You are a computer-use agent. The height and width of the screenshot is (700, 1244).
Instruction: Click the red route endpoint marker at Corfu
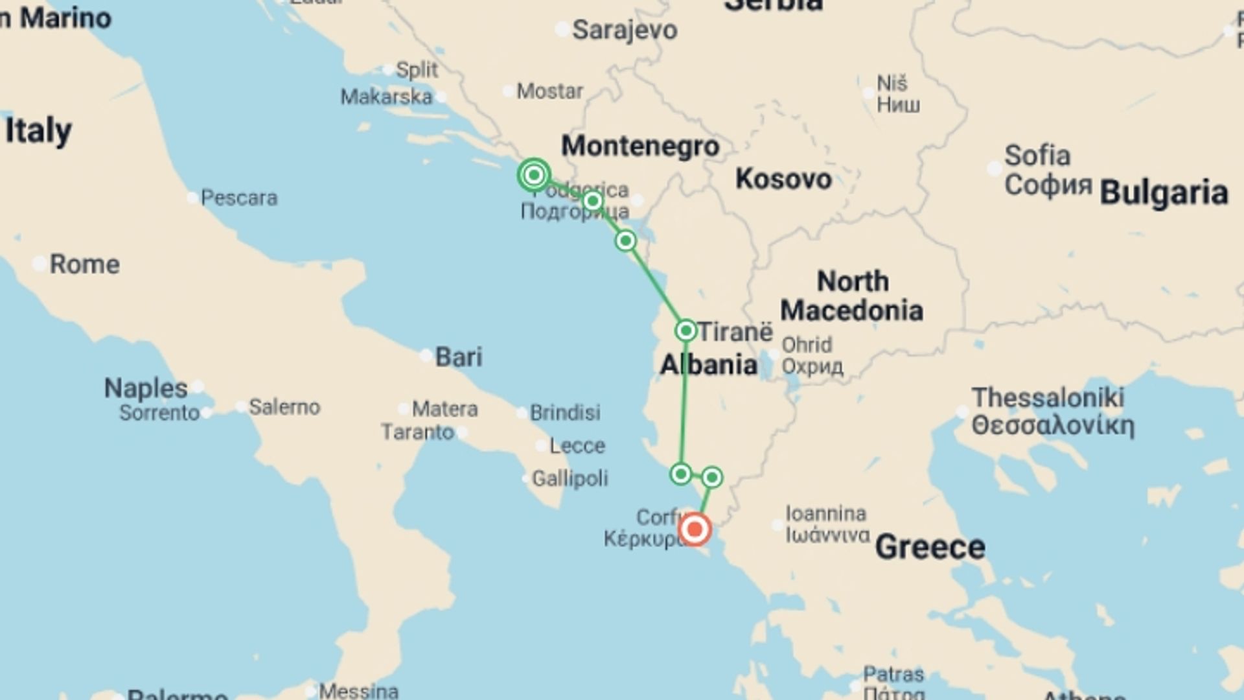click(695, 530)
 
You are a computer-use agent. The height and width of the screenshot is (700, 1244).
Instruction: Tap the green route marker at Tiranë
click(685, 331)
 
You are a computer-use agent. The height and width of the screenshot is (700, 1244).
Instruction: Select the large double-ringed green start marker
click(534, 174)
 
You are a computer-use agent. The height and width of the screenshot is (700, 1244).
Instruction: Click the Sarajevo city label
click(625, 30)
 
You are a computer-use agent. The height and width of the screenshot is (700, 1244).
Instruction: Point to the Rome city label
click(84, 264)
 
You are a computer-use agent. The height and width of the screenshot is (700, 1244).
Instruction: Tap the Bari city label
click(459, 356)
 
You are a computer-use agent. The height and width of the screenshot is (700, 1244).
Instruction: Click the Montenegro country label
click(640, 146)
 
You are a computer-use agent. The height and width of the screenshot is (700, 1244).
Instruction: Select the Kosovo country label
click(783, 179)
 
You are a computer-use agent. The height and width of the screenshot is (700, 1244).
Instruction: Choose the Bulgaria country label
click(1164, 192)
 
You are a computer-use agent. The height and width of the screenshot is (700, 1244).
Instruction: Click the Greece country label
click(930, 547)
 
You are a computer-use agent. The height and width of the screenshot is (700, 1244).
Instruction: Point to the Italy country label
click(38, 130)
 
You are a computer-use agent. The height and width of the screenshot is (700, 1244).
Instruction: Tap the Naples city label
click(146, 388)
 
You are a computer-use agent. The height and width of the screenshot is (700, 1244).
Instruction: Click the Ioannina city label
click(826, 514)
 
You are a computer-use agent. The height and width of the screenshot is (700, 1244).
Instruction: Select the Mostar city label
click(549, 91)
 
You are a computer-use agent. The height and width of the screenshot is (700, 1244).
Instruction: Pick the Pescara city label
click(238, 198)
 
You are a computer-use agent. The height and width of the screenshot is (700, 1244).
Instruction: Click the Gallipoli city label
click(570, 478)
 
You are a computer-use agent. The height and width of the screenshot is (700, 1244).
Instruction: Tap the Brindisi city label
click(565, 412)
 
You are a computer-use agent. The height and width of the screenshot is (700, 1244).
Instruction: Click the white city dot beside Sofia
click(995, 169)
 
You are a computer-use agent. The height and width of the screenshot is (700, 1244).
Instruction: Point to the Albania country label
click(709, 365)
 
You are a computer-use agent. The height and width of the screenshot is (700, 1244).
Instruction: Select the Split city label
click(417, 69)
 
